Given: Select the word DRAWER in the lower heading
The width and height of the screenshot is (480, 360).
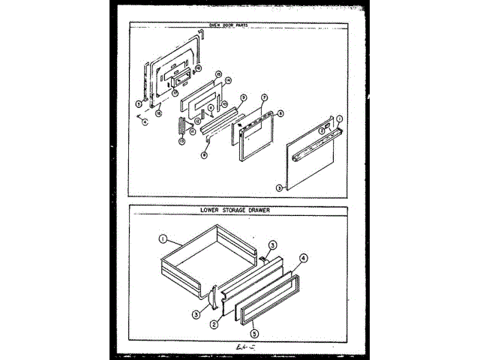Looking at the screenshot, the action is [x=262, y=211].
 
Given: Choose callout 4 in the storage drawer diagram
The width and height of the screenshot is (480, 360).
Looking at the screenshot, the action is [x=304, y=259].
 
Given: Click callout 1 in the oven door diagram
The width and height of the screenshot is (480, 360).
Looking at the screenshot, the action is [x=338, y=118].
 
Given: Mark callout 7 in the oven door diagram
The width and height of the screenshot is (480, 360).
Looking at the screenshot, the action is [x=264, y=98].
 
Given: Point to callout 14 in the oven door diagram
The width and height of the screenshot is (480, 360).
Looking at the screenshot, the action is [x=228, y=80].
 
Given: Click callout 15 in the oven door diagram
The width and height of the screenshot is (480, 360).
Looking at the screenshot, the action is [x=217, y=73].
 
